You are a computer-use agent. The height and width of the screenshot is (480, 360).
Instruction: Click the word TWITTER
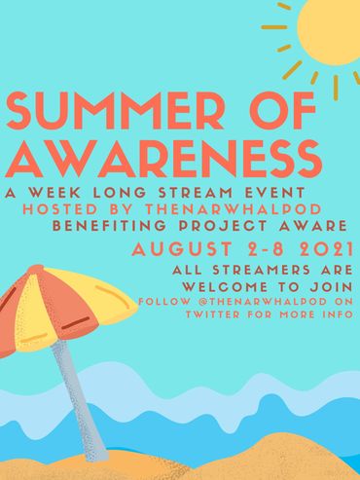[x=215, y=315]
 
